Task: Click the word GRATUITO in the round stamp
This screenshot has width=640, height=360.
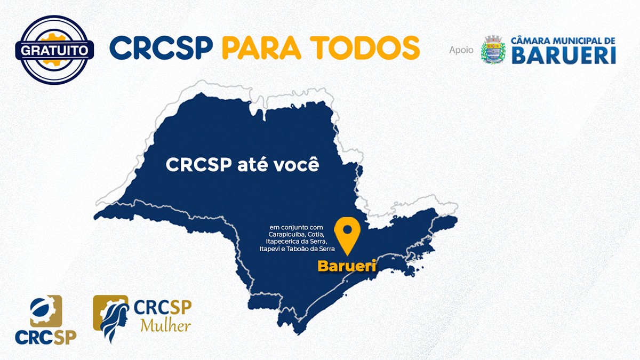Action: (x=54, y=51)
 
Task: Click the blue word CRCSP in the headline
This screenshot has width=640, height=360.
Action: (x=162, y=47)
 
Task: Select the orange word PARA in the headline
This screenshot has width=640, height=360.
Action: (x=261, y=47)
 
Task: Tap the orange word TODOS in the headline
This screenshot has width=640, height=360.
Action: (x=365, y=47)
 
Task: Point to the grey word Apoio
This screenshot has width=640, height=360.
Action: (x=461, y=50)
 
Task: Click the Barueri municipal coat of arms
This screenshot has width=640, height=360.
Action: (x=493, y=50)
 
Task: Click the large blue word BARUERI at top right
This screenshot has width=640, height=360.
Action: (x=563, y=55)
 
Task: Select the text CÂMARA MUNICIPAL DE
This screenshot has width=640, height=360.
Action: (x=563, y=41)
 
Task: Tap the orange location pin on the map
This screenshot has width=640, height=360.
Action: (x=347, y=236)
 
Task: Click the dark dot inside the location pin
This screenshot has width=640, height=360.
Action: (x=347, y=229)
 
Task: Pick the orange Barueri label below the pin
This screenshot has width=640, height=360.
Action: (x=347, y=266)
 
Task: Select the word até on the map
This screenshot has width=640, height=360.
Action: (x=252, y=165)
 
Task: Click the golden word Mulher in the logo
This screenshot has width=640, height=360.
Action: (x=166, y=325)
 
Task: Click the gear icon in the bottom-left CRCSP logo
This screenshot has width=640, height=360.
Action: (x=46, y=311)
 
